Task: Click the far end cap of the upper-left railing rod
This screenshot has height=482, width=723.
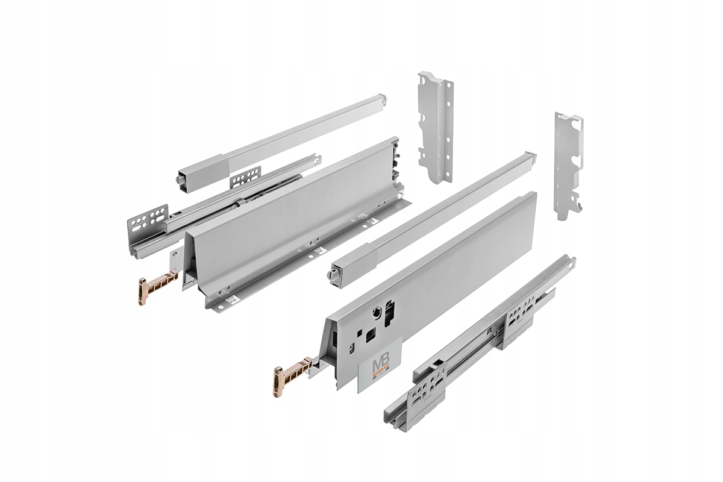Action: pyautogui.click(x=381, y=98)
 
